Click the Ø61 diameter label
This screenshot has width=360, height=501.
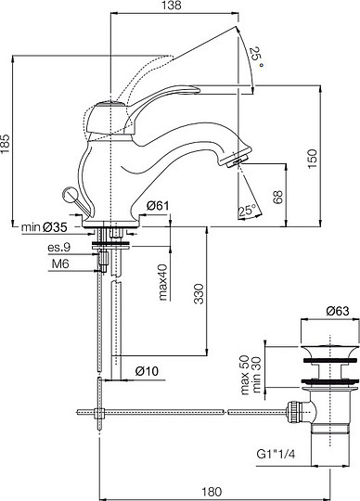156,206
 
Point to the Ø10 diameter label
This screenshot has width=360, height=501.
149,371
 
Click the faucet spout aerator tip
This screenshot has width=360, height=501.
236,160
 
